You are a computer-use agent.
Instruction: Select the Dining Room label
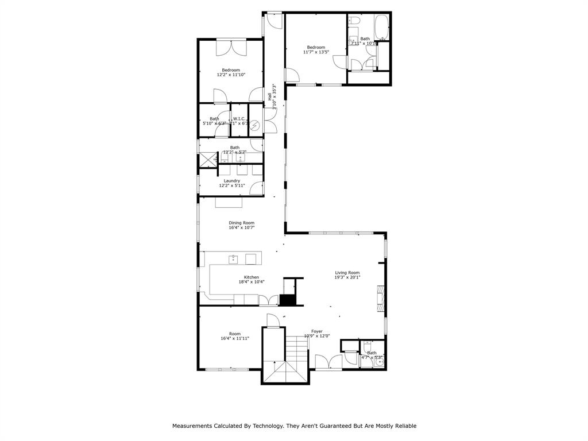click(241, 223)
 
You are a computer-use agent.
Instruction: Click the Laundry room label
click(232, 181)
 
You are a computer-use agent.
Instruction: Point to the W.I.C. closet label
click(239, 119)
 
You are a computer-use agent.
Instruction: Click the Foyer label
click(316, 331)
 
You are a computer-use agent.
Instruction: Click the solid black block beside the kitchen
click(287, 300)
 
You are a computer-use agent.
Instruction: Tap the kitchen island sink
click(234, 258)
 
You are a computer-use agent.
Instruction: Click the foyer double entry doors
click(329, 361)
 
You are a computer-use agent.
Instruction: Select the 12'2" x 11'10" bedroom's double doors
click(231, 48)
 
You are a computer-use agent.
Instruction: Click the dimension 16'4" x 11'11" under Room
click(235, 338)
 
